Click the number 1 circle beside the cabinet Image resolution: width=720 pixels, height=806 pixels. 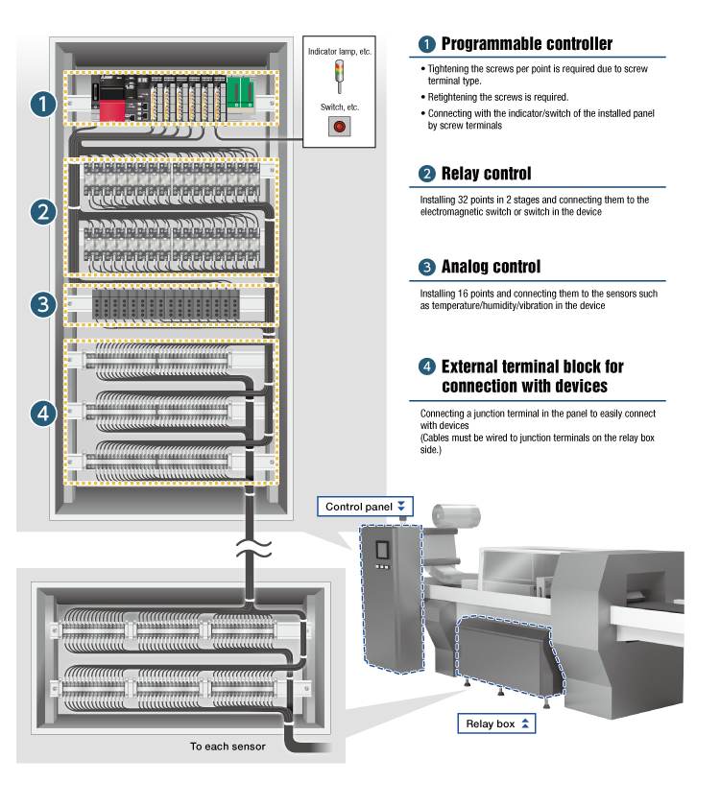pos(41,103)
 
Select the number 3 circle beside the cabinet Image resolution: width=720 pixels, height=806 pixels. pos(41,305)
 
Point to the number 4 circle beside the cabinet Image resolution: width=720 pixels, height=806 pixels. pos(41,413)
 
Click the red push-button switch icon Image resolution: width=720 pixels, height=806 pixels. pos(338,125)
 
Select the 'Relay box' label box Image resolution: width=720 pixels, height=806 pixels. pos(498,723)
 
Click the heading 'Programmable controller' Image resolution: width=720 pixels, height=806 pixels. pos(526,44)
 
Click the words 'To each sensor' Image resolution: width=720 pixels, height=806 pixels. pos(228,746)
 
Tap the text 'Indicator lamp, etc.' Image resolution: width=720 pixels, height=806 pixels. pos(340,48)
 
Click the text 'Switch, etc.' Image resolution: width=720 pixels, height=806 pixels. pos(339,107)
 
